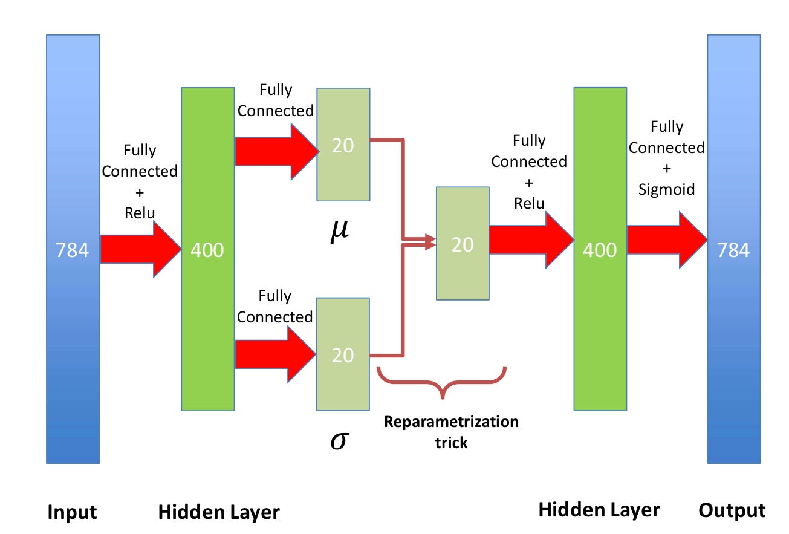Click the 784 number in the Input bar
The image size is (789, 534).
pos(73,250)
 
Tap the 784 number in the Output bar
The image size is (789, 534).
pos(733,250)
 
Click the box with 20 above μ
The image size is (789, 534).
pos(343,145)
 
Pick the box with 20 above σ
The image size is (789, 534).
pos(343,354)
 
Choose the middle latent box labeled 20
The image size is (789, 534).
pos(463,243)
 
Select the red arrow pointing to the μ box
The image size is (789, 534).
pos(276,151)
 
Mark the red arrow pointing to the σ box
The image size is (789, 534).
pos(276,354)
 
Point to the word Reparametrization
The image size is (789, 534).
pos(451,422)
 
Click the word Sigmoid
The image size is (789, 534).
pos(666,190)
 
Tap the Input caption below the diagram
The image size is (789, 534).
pos(72,512)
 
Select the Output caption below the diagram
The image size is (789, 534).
pos(732,510)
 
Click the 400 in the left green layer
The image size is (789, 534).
pos(207,250)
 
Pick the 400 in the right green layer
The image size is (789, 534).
pos(600,250)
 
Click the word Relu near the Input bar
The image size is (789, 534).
pos(140,213)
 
